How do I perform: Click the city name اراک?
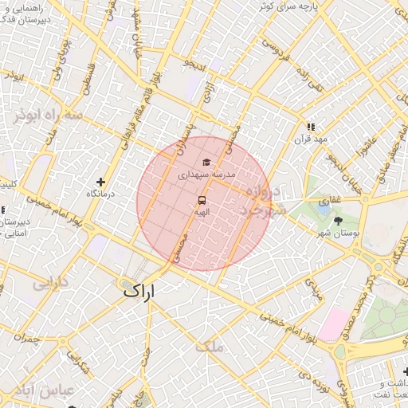tap(142, 292)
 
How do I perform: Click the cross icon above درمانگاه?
tap(100, 182)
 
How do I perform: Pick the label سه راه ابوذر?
tap(48, 115)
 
